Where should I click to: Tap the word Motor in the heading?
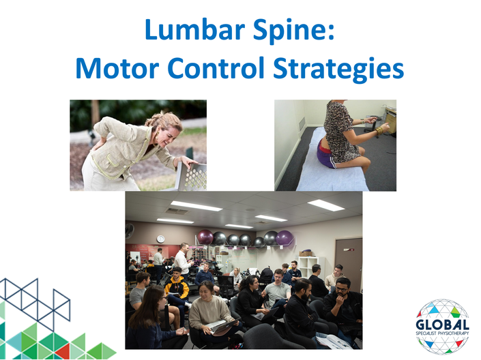[117, 67]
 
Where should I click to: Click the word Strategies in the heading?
[338, 69]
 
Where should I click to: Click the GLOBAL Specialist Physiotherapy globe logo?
[442, 327]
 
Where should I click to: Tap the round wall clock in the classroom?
[160, 239]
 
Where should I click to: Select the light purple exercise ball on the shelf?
[285, 238]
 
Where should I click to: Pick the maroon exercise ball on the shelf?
[205, 237]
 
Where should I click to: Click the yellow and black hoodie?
[177, 287]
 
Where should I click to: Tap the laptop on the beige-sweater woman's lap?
[220, 327]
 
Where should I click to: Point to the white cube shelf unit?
[309, 266]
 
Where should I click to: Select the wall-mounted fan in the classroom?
[129, 230]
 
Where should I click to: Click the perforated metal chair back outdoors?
[192, 177]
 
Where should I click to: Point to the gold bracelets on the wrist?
[379, 131]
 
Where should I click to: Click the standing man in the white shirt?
[183, 260]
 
